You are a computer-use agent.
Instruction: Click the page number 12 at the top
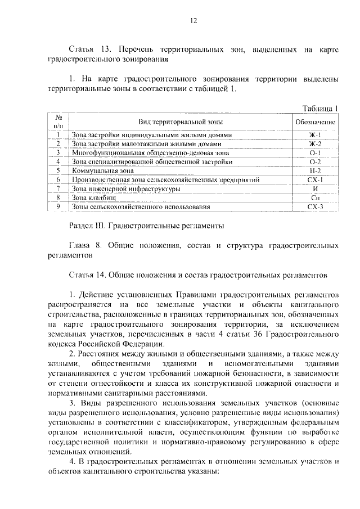[193, 21]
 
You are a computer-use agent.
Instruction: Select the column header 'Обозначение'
[315, 121]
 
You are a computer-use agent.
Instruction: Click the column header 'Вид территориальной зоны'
[181, 121]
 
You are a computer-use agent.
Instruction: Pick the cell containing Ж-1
[315, 135]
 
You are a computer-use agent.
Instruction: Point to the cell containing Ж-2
[315, 144]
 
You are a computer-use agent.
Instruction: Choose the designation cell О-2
[315, 162]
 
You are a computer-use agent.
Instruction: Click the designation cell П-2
[315, 171]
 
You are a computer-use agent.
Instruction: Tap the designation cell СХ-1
[315, 180]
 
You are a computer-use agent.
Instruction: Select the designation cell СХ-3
[315, 207]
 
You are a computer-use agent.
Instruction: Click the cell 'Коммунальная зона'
[102, 171]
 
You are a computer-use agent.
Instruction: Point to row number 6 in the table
[57, 180]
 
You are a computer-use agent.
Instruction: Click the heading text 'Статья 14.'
[85, 276]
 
